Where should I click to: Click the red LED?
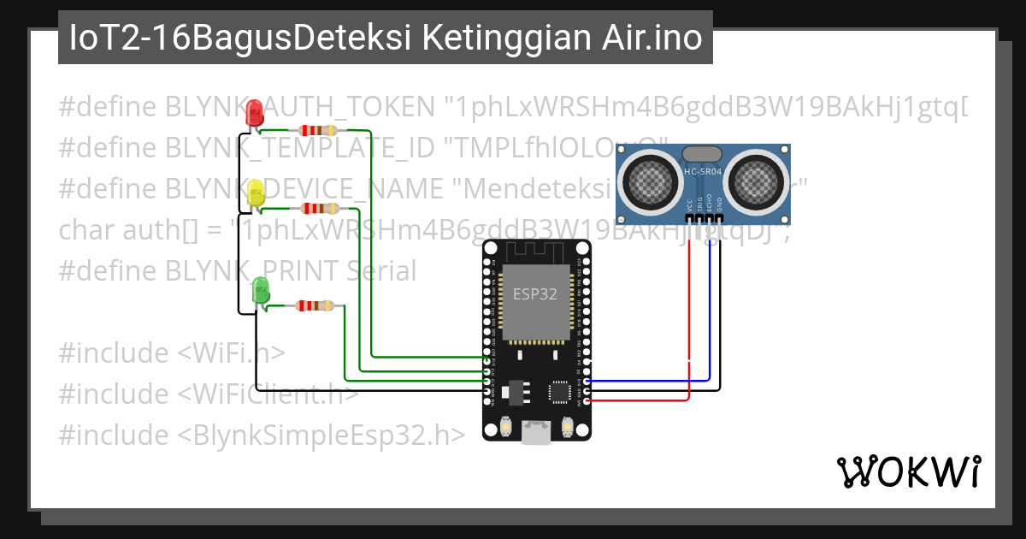pos(254,114)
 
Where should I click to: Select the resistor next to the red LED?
pos(317,130)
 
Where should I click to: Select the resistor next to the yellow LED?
pos(317,208)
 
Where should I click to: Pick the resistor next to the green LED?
pos(315,305)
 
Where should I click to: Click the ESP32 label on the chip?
pos(535,293)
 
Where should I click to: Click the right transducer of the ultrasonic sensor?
pos(757,178)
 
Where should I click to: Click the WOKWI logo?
pos(908,471)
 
